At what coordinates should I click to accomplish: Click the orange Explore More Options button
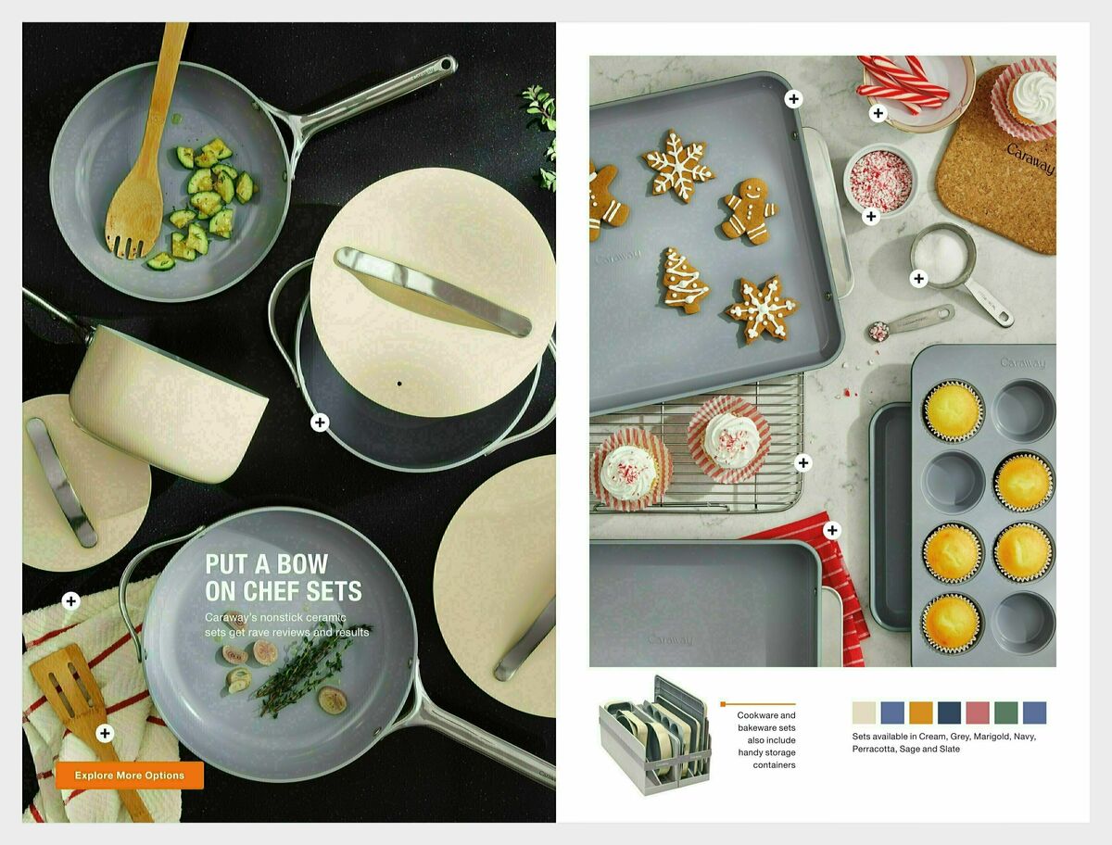pos(130,776)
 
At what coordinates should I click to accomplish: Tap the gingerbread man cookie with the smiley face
pos(749,210)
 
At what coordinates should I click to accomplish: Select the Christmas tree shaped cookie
pos(685,280)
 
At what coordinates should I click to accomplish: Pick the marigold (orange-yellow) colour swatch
pos(920,713)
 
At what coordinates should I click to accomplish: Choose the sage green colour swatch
pos(1005,713)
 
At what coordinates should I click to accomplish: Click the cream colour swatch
pos(864,713)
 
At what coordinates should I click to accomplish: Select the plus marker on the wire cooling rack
pos(802,462)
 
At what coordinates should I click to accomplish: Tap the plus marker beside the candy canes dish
pos(878,114)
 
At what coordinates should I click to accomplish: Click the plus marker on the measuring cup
pos(918,278)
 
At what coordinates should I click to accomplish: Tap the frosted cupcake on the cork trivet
pos(1028,95)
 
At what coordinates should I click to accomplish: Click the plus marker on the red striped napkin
pos(831,530)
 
